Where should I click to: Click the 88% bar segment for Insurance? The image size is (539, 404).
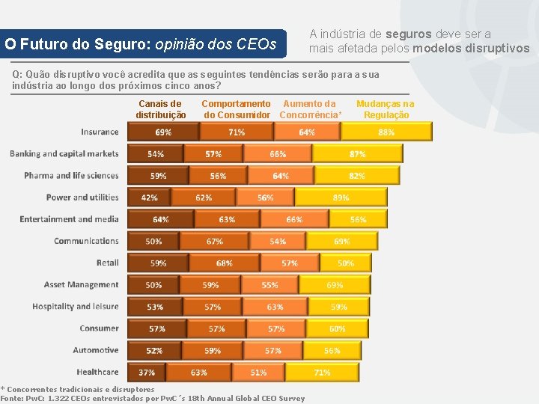point(386,132)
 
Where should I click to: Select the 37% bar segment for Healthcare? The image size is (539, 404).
point(147,372)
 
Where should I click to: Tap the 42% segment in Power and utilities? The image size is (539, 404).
point(149,198)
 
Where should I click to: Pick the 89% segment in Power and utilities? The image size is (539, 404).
point(341,198)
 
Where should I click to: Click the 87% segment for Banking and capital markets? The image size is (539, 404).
point(356,154)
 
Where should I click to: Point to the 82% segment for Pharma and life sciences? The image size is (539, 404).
point(356,176)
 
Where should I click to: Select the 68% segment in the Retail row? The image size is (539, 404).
point(224,263)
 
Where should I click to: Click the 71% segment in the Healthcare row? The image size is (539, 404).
point(322,372)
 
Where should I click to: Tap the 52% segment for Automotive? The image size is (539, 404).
point(154,350)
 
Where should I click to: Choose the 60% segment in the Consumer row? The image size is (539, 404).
point(337,328)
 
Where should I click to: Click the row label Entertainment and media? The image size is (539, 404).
point(69,219)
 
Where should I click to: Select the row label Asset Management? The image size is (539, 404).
point(81,284)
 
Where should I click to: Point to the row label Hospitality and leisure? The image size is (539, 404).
point(75,306)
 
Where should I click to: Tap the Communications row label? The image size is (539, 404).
point(86,241)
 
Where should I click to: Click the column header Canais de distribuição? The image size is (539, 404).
point(160,109)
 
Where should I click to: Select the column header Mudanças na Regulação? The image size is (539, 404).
point(386,109)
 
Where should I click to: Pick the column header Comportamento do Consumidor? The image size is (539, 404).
point(237,109)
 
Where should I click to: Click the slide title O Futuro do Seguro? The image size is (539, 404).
point(144,44)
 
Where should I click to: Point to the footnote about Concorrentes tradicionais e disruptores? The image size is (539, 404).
point(78,389)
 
